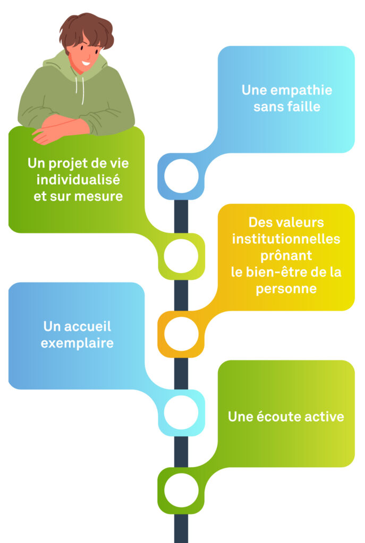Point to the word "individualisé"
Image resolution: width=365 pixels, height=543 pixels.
pos(78,180)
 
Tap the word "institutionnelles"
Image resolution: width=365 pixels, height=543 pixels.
pos(286,239)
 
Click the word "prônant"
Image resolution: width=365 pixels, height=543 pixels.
pos(286,256)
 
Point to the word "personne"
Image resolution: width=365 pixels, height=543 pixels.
pos(286,290)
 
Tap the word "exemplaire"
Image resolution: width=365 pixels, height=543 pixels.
pos(77,343)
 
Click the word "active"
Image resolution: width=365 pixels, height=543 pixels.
pos(325,417)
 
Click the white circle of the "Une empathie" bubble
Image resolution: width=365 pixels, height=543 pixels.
pos(181,176)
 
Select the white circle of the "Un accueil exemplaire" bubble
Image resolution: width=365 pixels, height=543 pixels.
pos(181,413)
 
